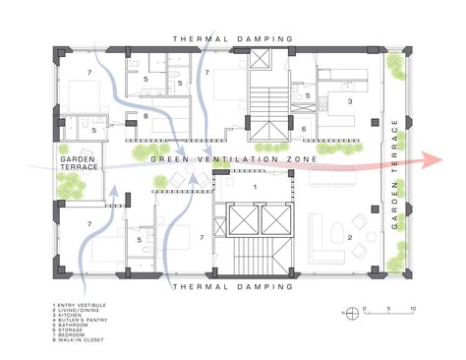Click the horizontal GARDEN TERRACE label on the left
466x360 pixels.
[x=79, y=163]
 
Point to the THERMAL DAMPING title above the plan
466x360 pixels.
[x=233, y=38]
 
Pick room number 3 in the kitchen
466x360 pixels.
[x=349, y=100]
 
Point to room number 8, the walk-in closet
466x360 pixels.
[x=146, y=117]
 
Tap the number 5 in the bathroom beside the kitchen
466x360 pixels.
[x=308, y=95]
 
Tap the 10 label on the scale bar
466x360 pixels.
[x=413, y=307]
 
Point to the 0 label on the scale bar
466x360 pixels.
[x=365, y=307]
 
